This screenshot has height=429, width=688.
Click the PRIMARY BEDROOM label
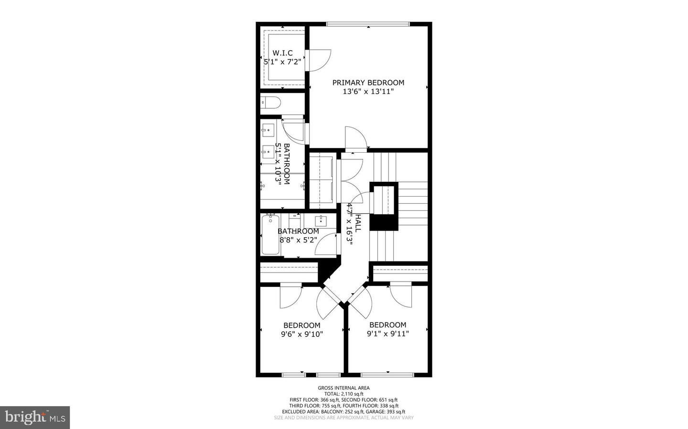tap(368, 83)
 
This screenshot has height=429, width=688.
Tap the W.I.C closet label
tap(282, 53)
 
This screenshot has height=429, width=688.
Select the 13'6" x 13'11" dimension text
tap(368, 92)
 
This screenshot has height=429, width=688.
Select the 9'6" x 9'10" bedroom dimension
tap(302, 334)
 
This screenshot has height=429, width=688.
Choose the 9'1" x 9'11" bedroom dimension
tap(387, 334)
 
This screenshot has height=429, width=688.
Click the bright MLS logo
tap(35, 418)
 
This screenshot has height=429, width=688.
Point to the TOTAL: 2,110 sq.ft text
tap(344, 394)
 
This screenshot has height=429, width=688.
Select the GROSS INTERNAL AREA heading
tap(344, 388)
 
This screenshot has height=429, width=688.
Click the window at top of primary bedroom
tap(368, 24)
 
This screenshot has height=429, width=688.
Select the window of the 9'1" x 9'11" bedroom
tap(387, 375)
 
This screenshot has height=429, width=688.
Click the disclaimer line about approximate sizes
tap(344, 418)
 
